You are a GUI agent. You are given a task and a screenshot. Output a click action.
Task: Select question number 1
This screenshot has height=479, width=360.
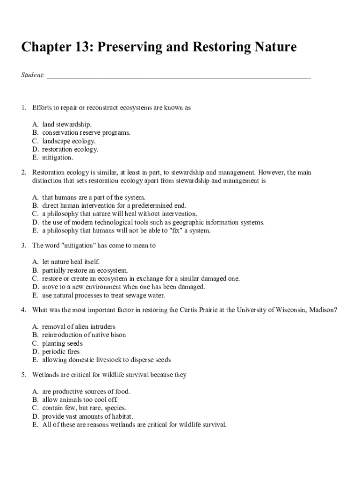[x=23, y=108]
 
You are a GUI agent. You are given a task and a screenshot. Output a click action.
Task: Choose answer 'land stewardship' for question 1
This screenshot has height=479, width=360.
[x=67, y=124]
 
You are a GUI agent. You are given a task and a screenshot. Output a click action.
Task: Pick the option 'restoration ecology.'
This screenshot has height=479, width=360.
[x=70, y=150]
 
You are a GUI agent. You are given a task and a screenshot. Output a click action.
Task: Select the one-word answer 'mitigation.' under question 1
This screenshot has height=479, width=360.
[x=58, y=158]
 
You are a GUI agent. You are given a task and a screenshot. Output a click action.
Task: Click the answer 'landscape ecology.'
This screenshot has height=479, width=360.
[x=69, y=141]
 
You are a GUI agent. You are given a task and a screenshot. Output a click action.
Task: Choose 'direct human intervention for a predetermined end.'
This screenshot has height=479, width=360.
[x=114, y=205]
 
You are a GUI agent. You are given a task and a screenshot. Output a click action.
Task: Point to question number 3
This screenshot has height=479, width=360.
[x=23, y=246]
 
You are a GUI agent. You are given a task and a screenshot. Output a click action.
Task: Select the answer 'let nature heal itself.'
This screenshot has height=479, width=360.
[x=71, y=262]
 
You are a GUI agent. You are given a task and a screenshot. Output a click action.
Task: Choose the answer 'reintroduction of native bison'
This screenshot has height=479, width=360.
[x=84, y=335]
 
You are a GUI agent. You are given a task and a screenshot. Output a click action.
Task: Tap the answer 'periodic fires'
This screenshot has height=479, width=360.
[x=61, y=352]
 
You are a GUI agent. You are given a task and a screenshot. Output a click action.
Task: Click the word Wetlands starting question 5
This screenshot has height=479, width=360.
[x=46, y=375]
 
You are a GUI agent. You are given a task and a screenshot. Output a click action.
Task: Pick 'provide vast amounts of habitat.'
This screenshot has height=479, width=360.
[x=87, y=416]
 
